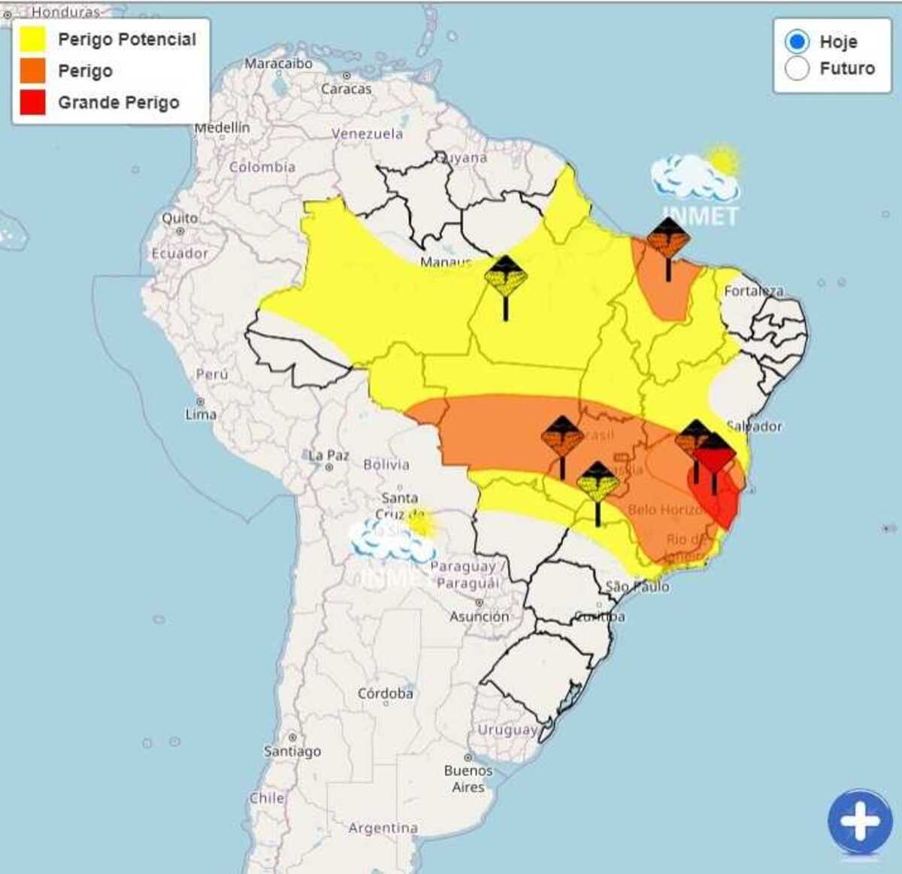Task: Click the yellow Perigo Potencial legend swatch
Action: pos(33,39)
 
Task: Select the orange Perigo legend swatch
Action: pos(33,71)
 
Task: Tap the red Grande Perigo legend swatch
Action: pos(33,102)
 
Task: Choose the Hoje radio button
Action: pos(797,41)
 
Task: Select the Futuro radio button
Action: pos(797,68)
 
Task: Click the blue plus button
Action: pos(860,821)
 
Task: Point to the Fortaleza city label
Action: pos(753,291)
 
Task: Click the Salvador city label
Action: pos(755,426)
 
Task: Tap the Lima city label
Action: pos(201,414)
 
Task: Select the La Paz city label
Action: pos(328,455)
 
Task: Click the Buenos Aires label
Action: pos(468,779)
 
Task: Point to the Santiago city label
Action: pos(292,751)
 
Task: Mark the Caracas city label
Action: pos(347,89)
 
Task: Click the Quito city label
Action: pos(180,218)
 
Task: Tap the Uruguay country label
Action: pos(508,730)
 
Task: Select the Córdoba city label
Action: pos(386,694)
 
